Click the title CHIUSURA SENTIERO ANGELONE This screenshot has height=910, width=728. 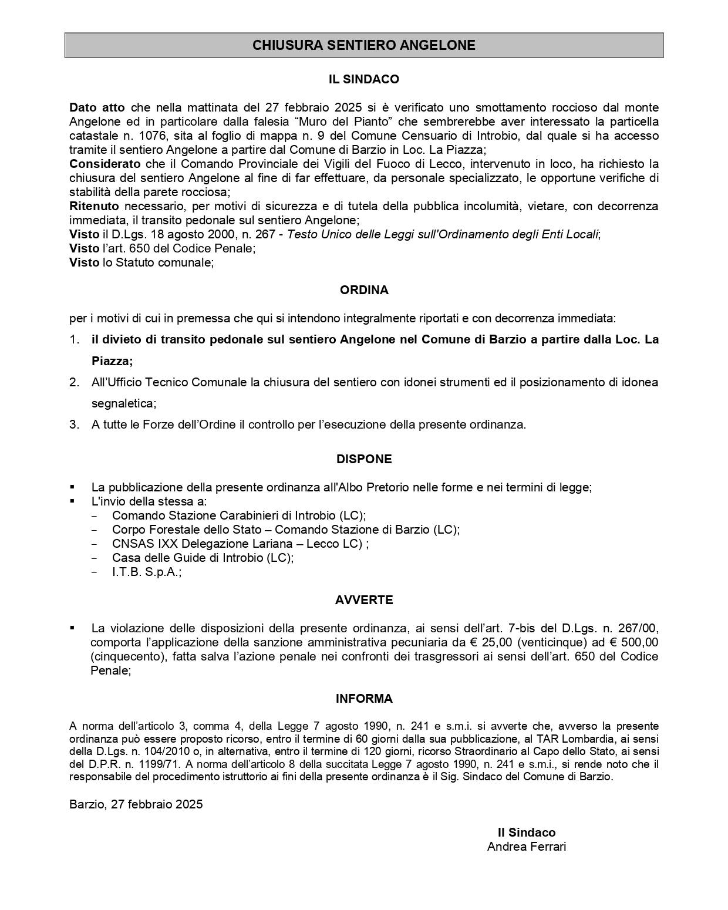coord(363,45)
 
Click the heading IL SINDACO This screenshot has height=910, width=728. coord(363,79)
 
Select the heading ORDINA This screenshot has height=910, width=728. coord(363,290)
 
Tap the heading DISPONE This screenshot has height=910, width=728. coord(363,459)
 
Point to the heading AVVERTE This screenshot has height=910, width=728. coord(363,600)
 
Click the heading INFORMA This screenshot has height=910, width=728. coord(363,699)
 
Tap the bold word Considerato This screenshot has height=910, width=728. coord(105,164)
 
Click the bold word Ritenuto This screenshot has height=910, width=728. coord(94,206)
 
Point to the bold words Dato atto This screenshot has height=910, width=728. coord(97,107)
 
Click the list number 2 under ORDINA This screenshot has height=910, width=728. coord(74,382)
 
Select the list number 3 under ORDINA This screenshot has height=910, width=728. coord(74,424)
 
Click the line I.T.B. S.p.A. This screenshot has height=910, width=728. coord(147,572)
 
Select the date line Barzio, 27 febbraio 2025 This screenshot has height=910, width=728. coord(136,804)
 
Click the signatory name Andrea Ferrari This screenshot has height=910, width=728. coord(526,847)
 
